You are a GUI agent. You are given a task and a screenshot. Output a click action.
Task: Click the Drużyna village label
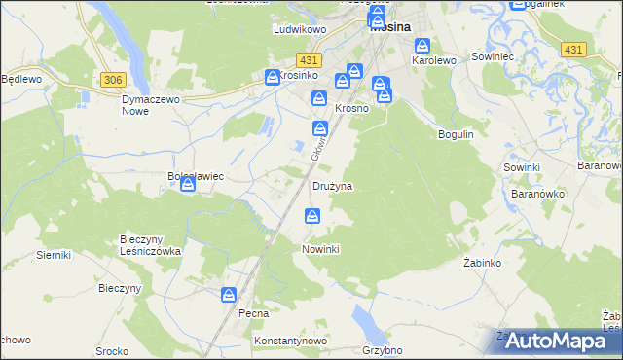(332, 185)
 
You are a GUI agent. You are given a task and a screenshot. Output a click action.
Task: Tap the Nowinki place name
(320, 249)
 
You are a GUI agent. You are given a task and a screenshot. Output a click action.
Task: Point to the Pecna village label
(253, 314)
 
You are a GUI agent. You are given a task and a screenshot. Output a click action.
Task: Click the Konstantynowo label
(289, 342)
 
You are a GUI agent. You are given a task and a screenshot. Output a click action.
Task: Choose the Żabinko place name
(482, 264)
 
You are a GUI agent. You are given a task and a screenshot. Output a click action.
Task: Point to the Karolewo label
(434, 60)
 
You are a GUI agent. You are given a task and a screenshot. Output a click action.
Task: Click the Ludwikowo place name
(297, 30)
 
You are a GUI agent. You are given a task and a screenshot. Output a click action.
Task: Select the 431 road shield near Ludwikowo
(311, 59)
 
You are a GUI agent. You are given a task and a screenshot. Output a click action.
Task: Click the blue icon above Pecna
(229, 295)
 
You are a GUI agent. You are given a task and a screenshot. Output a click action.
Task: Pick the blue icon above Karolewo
(423, 46)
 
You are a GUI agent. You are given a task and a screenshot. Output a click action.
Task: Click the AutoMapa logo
(553, 341)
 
